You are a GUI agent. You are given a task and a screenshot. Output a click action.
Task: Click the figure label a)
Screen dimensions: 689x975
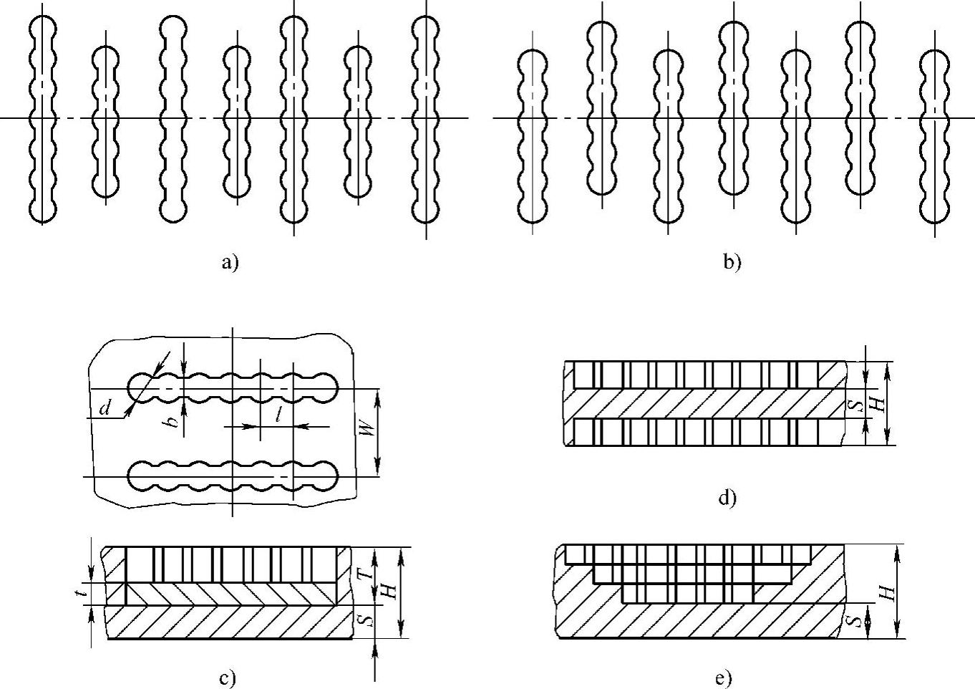click(x=228, y=264)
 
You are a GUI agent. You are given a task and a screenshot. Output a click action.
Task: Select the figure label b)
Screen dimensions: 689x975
click(x=732, y=264)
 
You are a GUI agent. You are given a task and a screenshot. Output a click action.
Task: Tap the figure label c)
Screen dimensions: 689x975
click(x=228, y=678)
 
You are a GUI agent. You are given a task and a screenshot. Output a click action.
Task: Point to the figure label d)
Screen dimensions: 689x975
click(x=727, y=497)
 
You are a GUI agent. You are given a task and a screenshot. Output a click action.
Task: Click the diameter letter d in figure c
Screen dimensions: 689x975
click(x=105, y=409)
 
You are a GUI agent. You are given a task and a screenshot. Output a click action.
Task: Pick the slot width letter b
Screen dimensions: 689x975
click(x=173, y=420)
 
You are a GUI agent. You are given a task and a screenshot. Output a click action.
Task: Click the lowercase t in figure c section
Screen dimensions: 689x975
click(x=84, y=592)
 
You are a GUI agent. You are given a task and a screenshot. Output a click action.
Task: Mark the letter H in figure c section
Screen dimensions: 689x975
click(x=388, y=592)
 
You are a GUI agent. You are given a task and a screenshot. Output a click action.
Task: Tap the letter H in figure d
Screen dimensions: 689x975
click(x=879, y=404)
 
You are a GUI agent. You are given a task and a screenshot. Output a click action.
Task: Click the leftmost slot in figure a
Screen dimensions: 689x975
click(x=43, y=118)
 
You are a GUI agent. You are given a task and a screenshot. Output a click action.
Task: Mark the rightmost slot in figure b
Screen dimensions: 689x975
click(x=935, y=136)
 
